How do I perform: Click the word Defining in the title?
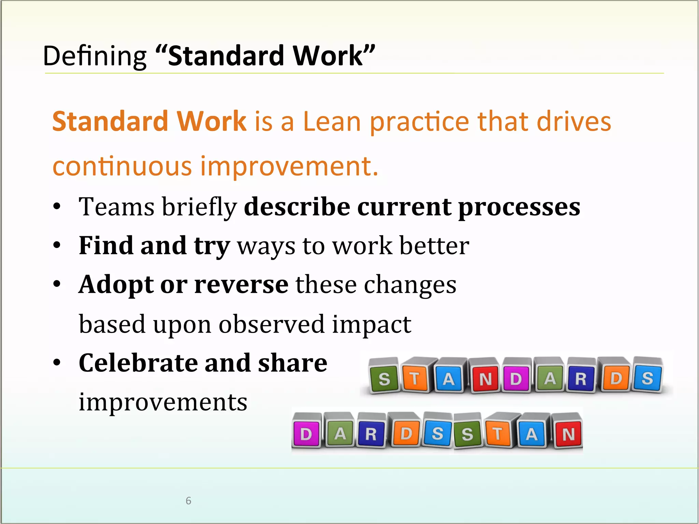[95, 56]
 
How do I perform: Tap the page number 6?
[188, 500]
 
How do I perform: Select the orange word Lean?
[332, 121]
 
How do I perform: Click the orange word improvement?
[289, 166]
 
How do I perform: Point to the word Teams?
[116, 207]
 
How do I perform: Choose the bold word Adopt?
[116, 285]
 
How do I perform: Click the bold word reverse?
[241, 285]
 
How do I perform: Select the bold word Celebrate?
[138, 363]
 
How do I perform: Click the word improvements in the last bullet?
[163, 402]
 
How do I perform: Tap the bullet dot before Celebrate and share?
[57, 363]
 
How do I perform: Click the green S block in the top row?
[384, 378]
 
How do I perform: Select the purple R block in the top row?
[581, 378]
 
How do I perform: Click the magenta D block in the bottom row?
[306, 434]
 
